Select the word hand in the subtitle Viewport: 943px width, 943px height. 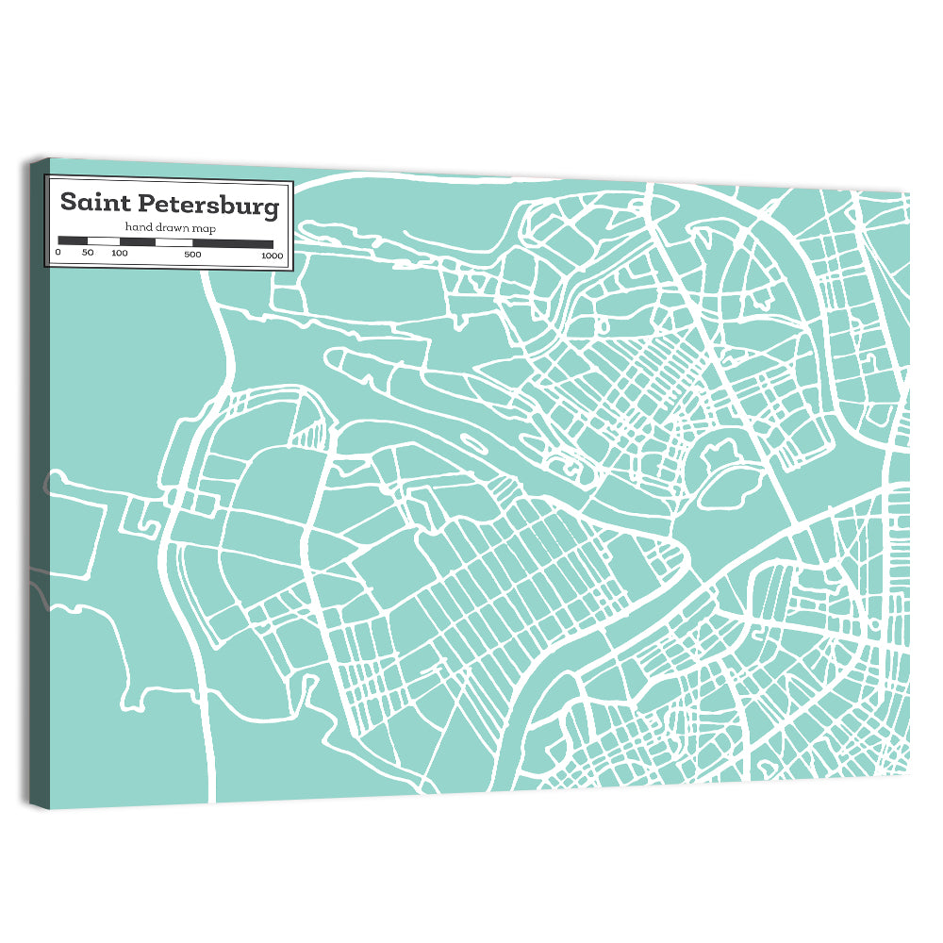click(138, 227)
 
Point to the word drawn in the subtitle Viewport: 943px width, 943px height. click(169, 227)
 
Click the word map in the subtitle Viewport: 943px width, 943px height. click(201, 228)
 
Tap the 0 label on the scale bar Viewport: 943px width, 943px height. click(58, 254)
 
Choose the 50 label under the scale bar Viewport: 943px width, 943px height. click(88, 254)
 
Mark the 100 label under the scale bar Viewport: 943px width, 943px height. click(119, 254)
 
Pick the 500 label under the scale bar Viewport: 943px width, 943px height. click(192, 255)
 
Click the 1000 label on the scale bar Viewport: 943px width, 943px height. click(272, 256)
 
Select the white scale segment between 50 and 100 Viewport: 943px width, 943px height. click(104, 241)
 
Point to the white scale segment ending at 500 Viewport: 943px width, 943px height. click(174, 242)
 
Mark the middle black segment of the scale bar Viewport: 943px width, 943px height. click(138, 242)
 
